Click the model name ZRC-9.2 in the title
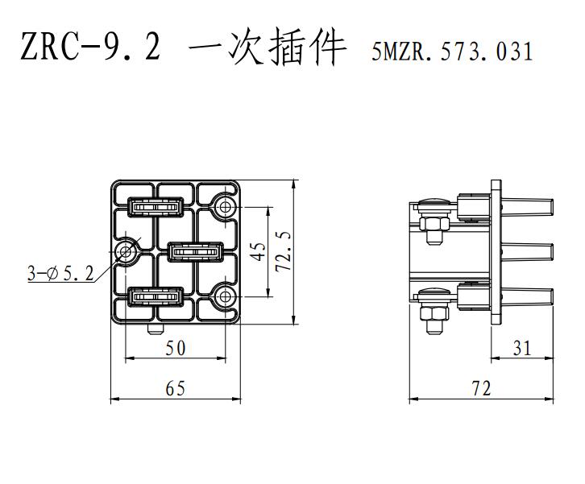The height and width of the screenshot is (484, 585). click(x=91, y=47)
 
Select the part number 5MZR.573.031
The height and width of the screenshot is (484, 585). click(x=452, y=51)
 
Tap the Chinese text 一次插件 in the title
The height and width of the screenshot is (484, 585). click(x=268, y=47)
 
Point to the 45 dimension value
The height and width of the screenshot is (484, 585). click(x=259, y=251)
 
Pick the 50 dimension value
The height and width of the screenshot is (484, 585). click(x=176, y=348)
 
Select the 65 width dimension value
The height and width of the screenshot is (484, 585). click(x=176, y=388)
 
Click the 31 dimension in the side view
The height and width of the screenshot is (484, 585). click(x=521, y=348)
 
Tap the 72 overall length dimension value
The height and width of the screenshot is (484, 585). click(x=481, y=388)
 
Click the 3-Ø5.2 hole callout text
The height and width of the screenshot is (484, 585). click(x=60, y=274)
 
